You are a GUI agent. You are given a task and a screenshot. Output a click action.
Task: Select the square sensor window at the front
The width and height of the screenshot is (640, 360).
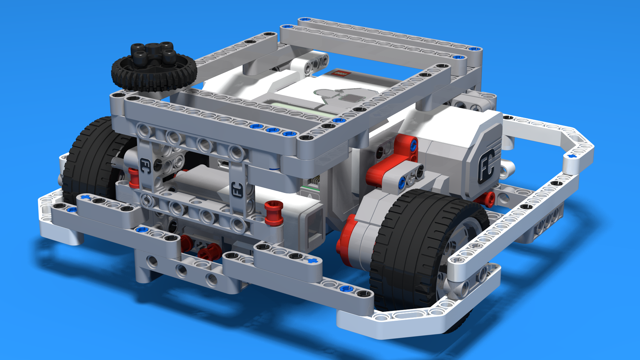pyautogui.click(x=313, y=227)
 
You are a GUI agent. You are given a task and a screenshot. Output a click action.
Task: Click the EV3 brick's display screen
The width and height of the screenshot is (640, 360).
pyautogui.click(x=300, y=107)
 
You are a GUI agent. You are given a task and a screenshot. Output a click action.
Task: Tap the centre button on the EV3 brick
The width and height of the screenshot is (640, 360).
pyautogui.click(x=351, y=98)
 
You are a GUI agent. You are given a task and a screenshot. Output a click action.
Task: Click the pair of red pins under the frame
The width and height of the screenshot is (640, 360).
pyautogui.click(x=200, y=248)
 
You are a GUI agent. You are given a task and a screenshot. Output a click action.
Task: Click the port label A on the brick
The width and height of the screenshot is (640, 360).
pyautogui.click(x=310, y=196)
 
